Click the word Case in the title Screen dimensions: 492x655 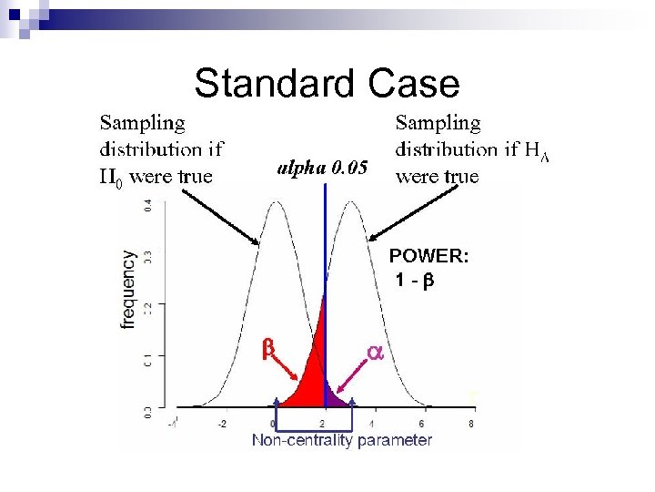[x=415, y=84]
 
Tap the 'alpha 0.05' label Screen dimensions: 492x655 [x=323, y=168]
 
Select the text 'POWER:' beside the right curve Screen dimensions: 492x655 [x=428, y=257]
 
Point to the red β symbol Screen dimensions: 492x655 [x=268, y=348]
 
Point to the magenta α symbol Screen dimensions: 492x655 [x=374, y=351]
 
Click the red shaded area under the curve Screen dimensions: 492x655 [x=314, y=378]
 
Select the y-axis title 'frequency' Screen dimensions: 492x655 [x=129, y=290]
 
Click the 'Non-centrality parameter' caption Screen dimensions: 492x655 [x=342, y=441]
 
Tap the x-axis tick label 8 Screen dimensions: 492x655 [x=470, y=424]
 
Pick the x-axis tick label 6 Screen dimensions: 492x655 [x=421, y=424]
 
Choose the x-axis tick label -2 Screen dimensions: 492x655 [x=222, y=424]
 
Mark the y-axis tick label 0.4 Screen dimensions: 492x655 [x=148, y=207]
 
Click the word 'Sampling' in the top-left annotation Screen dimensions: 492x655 [x=142, y=122]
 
